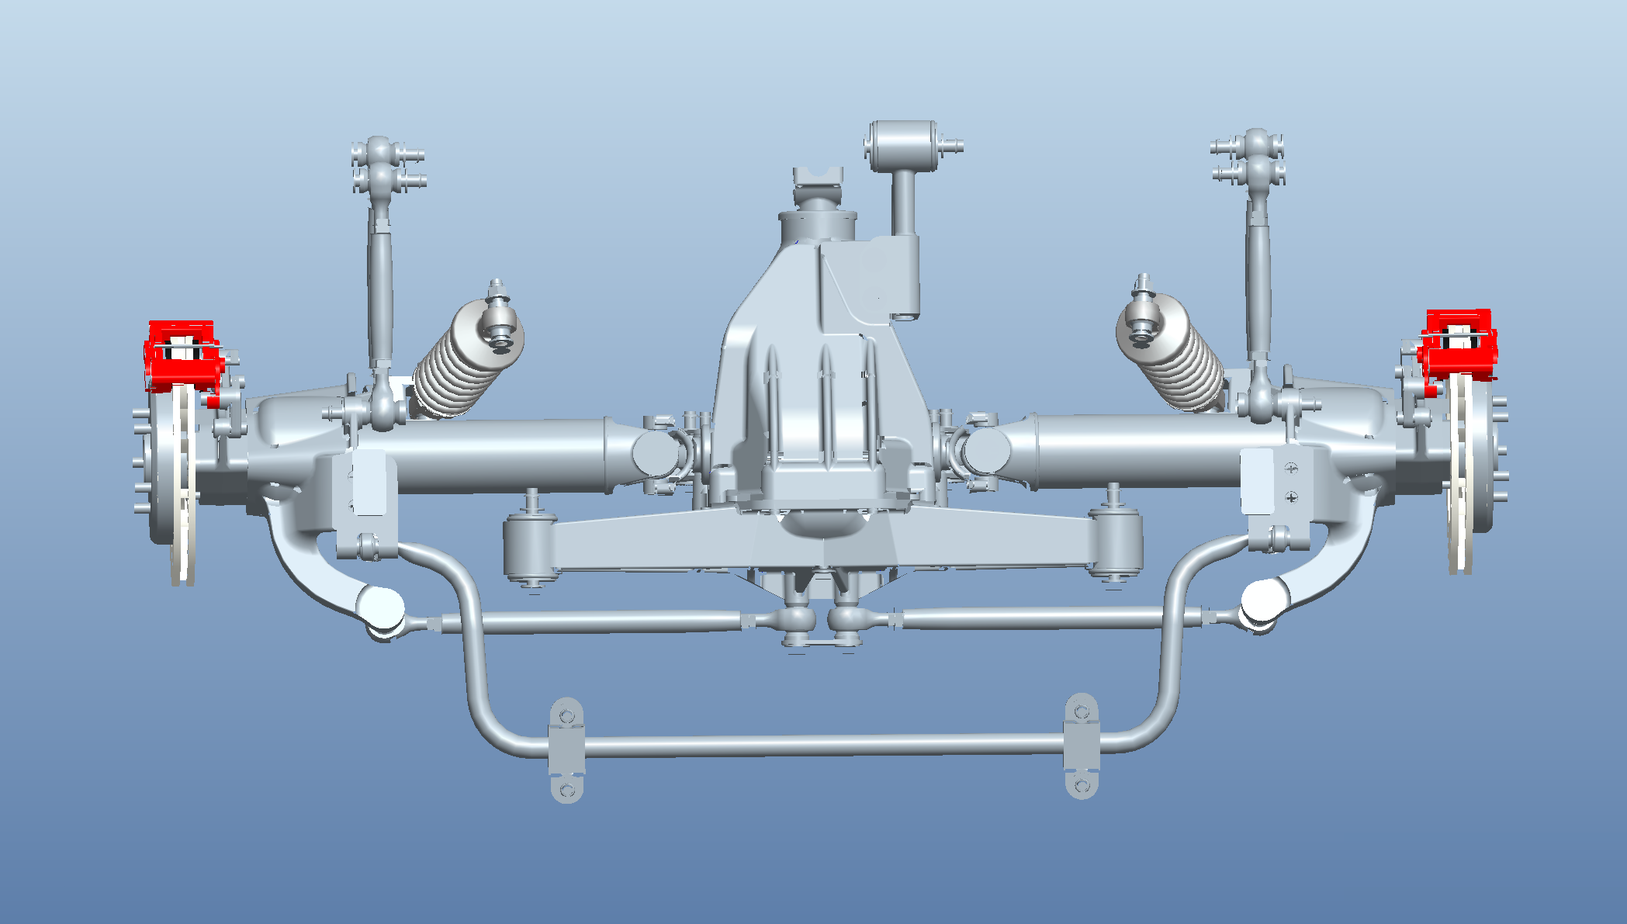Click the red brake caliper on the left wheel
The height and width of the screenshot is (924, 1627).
click(x=181, y=356)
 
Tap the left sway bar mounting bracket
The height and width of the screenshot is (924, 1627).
click(x=566, y=749)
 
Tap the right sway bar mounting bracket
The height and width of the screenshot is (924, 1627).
click(x=1082, y=746)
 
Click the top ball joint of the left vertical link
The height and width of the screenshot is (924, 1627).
click(x=379, y=152)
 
